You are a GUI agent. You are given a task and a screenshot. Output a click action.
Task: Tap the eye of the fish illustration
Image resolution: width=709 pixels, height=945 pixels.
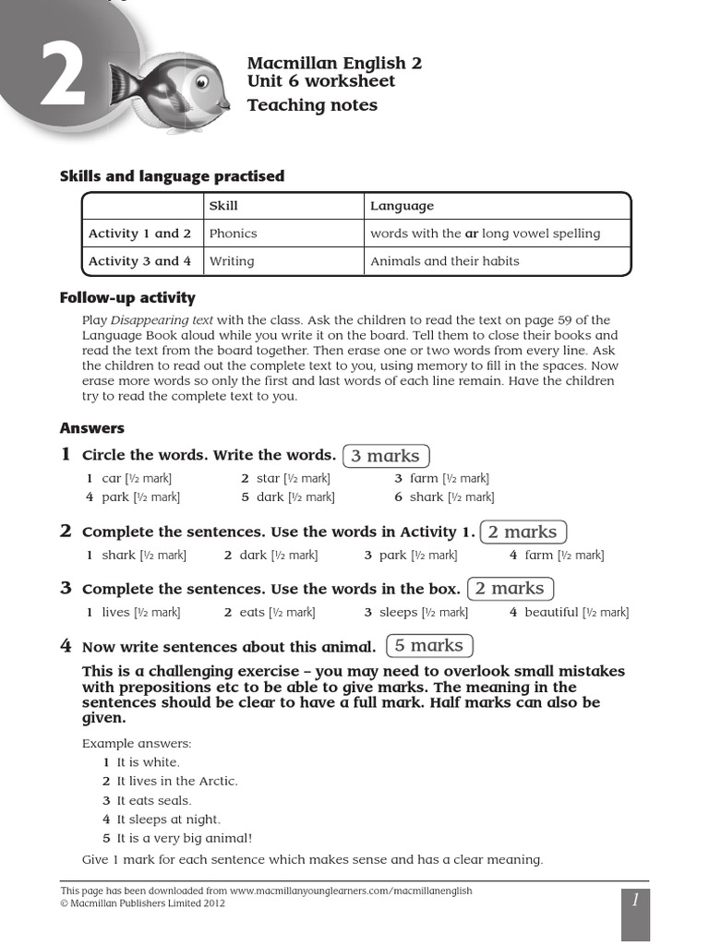pos(202,84)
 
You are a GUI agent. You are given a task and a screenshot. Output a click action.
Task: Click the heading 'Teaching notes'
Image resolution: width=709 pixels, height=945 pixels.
pos(312,105)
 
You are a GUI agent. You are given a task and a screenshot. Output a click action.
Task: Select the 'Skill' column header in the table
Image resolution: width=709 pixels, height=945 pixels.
pos(223,206)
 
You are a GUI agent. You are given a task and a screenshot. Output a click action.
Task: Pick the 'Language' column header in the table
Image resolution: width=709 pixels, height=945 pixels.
pos(402,206)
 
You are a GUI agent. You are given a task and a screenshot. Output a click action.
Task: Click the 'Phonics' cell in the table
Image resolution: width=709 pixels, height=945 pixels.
pos(233,233)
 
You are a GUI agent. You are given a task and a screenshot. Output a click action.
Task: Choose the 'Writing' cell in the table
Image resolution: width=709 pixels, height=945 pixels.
pos(232,261)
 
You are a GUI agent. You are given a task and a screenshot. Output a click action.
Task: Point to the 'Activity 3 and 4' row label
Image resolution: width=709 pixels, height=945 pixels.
pos(139,261)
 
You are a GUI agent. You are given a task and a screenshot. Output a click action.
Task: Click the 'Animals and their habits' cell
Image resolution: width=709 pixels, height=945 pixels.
pos(444,261)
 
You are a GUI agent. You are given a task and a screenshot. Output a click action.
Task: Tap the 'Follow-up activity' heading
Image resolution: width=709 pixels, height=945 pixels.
pos(127,297)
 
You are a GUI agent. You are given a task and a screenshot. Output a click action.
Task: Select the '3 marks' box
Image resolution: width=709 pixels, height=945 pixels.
pos(385,456)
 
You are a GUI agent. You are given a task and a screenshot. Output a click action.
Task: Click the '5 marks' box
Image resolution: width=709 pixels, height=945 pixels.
pos(429,646)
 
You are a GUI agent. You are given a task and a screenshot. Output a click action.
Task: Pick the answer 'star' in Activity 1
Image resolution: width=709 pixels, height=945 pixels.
pos(268,478)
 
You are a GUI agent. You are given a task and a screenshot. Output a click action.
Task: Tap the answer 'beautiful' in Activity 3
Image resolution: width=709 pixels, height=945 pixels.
pos(551,612)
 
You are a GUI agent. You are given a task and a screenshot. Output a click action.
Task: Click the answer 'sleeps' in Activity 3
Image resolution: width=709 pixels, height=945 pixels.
pos(398,612)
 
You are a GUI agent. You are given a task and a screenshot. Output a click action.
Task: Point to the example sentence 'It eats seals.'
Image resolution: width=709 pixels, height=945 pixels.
pos(153,800)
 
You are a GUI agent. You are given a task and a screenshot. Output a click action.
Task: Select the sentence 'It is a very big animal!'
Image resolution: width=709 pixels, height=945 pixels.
pos(184,838)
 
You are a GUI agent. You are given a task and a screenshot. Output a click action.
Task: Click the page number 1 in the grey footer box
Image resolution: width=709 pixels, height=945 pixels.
pos(635,900)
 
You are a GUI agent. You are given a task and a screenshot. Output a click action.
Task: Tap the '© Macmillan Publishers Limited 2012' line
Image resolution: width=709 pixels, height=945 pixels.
pos(142,903)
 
